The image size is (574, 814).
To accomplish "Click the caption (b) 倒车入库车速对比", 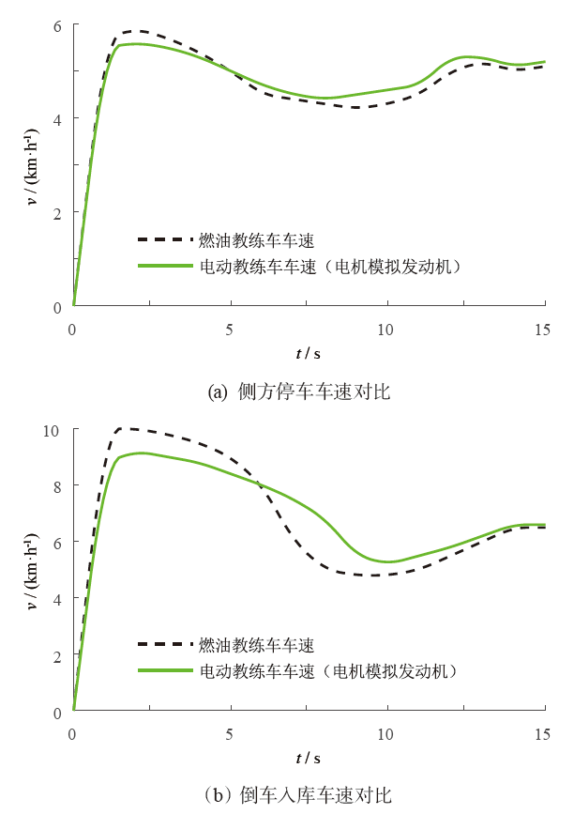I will (298, 795).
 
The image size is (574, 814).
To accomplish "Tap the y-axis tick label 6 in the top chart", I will (58, 25).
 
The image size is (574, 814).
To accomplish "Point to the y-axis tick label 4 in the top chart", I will (58, 119).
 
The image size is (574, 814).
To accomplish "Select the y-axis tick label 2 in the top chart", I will (58, 213).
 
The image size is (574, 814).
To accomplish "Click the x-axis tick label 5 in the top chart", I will (230, 330).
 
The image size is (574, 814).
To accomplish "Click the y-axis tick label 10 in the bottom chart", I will (53, 430).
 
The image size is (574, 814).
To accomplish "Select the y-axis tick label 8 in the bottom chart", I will (58, 485).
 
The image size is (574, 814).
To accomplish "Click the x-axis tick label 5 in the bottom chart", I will (230, 733).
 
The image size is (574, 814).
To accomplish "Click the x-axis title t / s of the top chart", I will (308, 354).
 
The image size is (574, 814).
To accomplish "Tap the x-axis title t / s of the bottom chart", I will (308, 758).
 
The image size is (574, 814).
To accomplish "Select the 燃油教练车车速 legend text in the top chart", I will (255, 240).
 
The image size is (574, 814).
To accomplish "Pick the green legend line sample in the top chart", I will (165, 266).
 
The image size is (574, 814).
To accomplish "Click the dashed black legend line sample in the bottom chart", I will (165, 645).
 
